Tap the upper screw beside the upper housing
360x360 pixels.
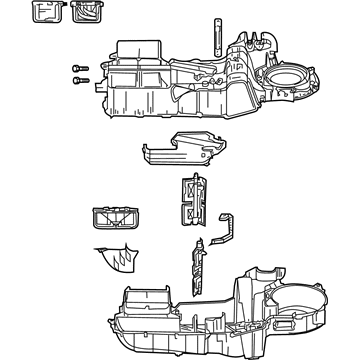(x=76, y=67)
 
